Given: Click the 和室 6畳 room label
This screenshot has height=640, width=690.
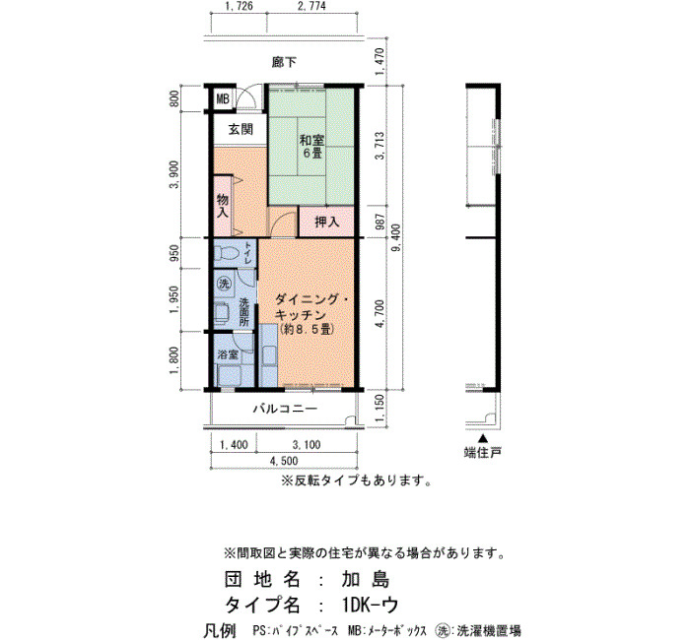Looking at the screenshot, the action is pyautogui.click(x=312, y=147).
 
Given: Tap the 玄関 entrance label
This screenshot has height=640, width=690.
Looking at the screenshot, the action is pyautogui.click(x=241, y=129).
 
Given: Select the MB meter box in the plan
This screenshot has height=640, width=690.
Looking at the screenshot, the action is pyautogui.click(x=223, y=99).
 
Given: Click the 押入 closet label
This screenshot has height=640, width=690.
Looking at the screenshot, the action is pyautogui.click(x=327, y=222).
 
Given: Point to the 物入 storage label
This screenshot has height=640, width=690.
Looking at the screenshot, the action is pyautogui.click(x=223, y=206).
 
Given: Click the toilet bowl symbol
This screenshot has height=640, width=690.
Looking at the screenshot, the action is pyautogui.click(x=227, y=253).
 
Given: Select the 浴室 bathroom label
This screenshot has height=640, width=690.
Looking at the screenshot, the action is pyautogui.click(x=228, y=354).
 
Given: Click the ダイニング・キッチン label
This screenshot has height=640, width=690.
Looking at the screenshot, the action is pyautogui.click(x=311, y=307).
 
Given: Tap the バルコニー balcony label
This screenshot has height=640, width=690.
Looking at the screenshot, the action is pyautogui.click(x=285, y=410).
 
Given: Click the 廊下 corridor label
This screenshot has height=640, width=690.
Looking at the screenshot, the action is pyautogui.click(x=284, y=62).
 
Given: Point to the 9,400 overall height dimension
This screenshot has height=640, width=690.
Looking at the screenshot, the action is pyautogui.click(x=395, y=237).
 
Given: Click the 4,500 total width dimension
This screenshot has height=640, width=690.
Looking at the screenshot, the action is pyautogui.click(x=284, y=461).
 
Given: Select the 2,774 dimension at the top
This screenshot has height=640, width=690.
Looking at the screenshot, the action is pyautogui.click(x=311, y=7).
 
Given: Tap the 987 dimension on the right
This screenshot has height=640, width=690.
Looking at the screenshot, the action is pyautogui.click(x=381, y=222).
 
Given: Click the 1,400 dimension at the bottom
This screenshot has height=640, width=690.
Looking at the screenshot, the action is pyautogui.click(x=234, y=445).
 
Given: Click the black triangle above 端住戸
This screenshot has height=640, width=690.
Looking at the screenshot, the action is pyautogui.click(x=483, y=439).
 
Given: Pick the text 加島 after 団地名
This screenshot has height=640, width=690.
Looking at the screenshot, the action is pyautogui.click(x=366, y=580).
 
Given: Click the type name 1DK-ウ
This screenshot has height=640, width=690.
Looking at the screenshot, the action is pyautogui.click(x=371, y=606).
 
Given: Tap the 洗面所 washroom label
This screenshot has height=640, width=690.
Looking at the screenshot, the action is pyautogui.click(x=244, y=312).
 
